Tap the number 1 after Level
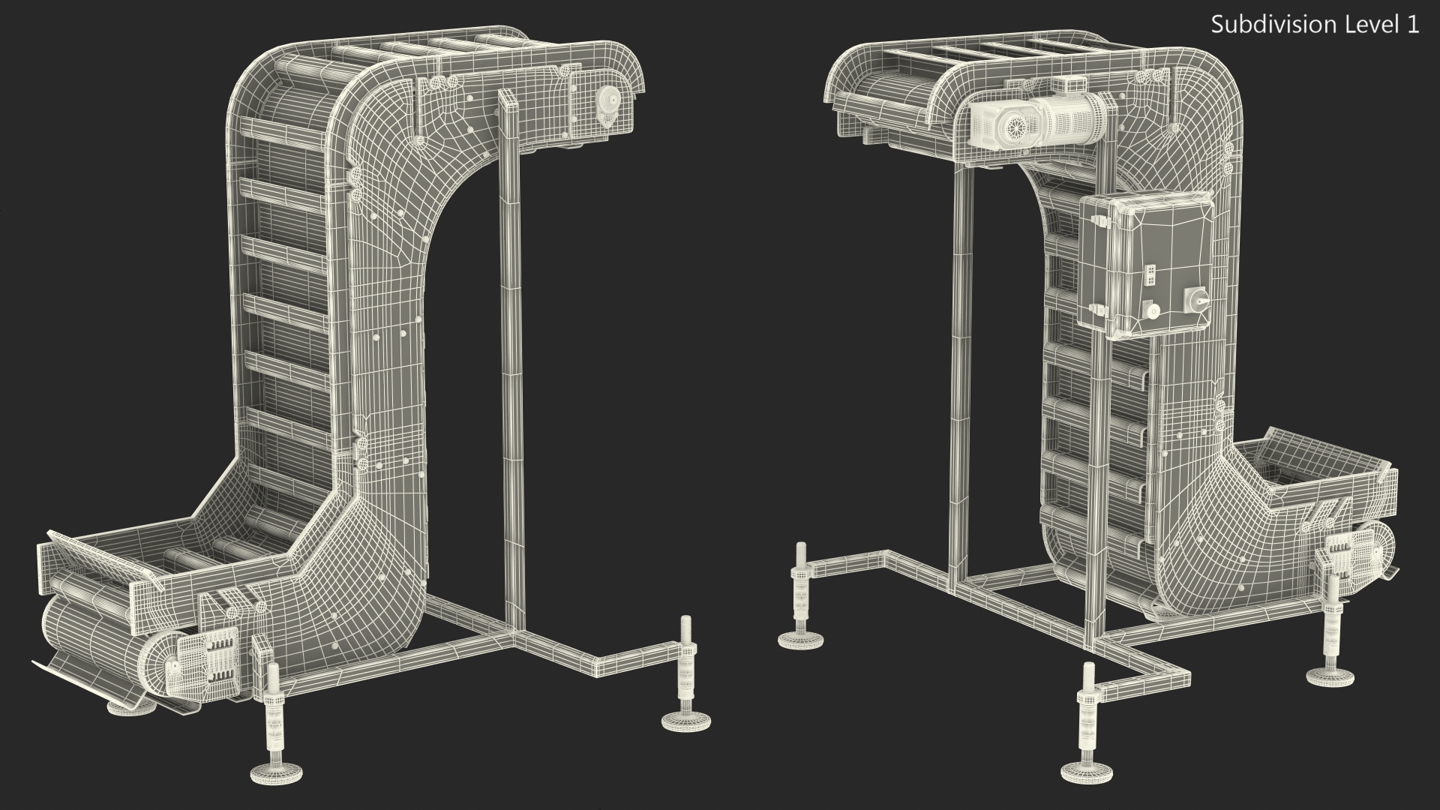[1412, 24]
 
